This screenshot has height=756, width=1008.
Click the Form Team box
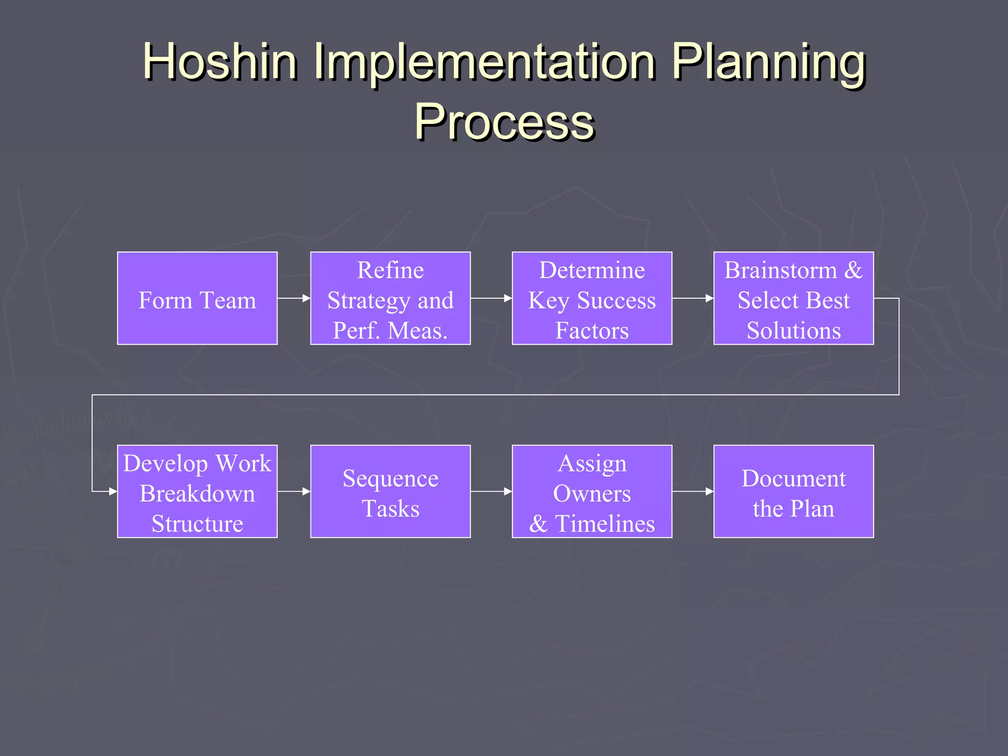(197, 298)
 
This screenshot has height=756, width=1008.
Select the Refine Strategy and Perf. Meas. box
(390, 298)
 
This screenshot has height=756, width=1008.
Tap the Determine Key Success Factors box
(592, 298)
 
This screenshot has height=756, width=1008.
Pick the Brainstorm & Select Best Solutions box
(793, 298)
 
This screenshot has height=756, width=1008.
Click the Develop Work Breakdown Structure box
(197, 491)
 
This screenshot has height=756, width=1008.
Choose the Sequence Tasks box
(390, 491)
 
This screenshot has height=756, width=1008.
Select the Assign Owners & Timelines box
(592, 491)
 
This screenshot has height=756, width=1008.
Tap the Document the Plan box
(793, 491)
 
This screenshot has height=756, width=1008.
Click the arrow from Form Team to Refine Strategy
(294, 298)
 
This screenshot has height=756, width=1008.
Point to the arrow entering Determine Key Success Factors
(491, 298)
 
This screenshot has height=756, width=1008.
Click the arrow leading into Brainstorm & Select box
(693, 298)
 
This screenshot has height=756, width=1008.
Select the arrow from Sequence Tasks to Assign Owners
(491, 491)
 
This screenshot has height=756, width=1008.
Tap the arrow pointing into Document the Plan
(693, 491)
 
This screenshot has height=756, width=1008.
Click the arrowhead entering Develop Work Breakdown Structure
(113, 491)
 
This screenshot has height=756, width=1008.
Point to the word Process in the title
(504, 122)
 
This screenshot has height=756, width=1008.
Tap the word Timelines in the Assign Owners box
(605, 523)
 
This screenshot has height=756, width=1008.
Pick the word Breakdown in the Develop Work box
(197, 493)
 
